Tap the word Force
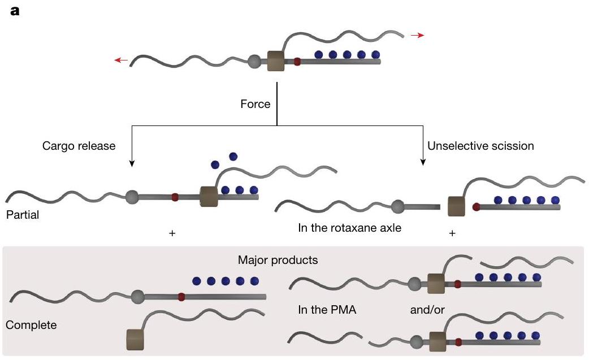[255, 105]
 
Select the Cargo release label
[79, 146]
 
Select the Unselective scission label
[480, 146]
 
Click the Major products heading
[278, 261]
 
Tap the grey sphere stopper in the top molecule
[255, 60]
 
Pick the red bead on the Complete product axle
[181, 296]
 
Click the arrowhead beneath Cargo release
[132, 163]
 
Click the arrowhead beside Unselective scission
[422, 163]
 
